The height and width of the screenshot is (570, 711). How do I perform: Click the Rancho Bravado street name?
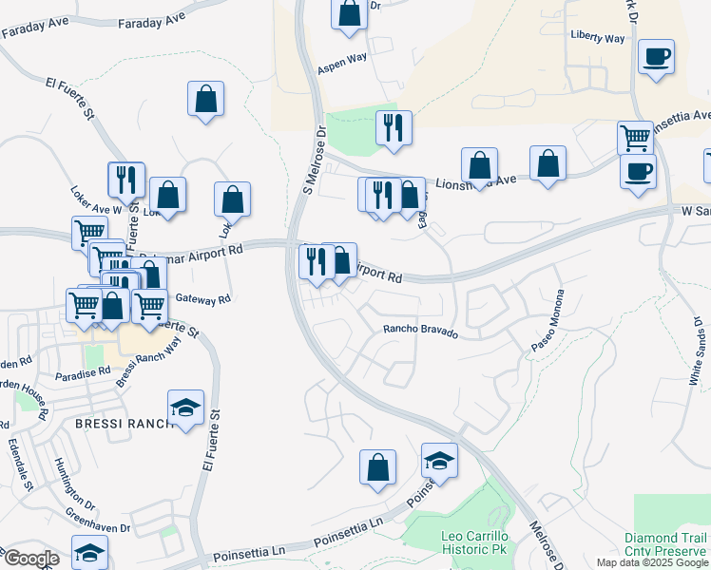pyautogui.click(x=420, y=332)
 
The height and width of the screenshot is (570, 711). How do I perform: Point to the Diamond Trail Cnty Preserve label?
pyautogui.click(x=665, y=543)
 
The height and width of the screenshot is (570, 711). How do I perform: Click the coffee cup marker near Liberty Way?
pyautogui.click(x=656, y=57)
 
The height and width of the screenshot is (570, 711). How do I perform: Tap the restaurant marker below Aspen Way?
pyautogui.click(x=393, y=127)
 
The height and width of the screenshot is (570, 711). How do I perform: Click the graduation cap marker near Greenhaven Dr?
pyautogui.click(x=89, y=553)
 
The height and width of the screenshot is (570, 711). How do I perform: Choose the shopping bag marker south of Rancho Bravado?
pyautogui.click(x=377, y=466)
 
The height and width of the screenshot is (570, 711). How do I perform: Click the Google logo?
pyautogui.click(x=30, y=559)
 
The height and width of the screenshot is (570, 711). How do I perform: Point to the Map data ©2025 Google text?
pyautogui.click(x=652, y=562)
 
